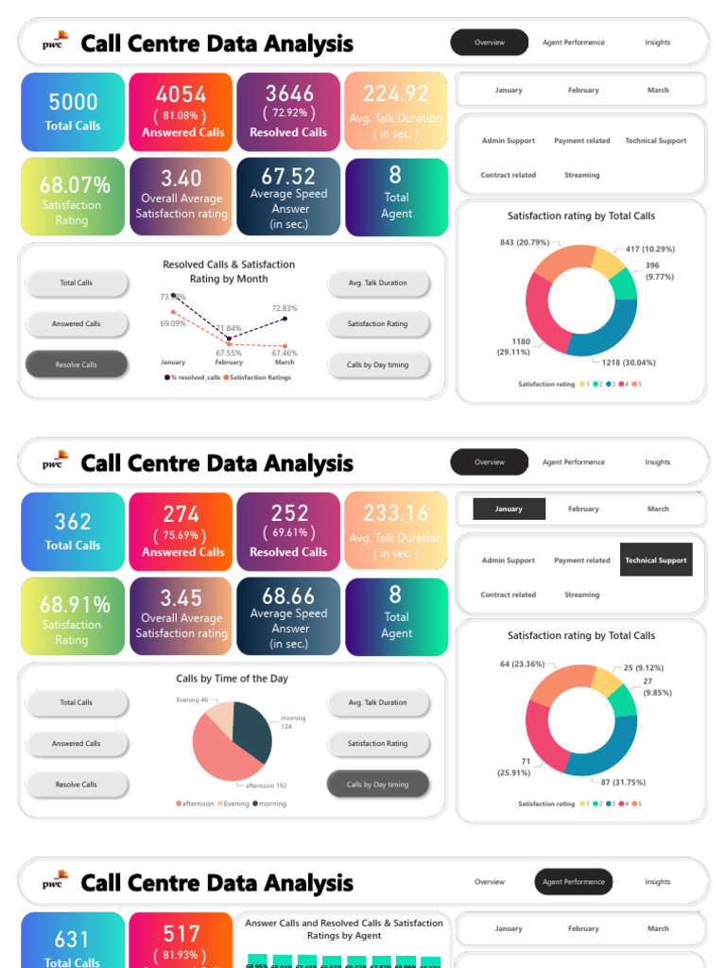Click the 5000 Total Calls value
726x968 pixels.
point(73,102)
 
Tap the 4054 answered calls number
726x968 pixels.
point(181,95)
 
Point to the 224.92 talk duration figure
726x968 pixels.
point(395,94)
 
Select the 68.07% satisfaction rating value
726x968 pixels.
point(75,185)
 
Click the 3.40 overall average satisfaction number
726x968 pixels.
point(181,179)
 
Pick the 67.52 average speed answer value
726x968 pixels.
point(288,177)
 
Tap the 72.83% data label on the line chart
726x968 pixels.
point(285,308)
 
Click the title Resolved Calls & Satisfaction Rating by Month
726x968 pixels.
point(229,271)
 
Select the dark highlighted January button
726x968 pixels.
point(510,509)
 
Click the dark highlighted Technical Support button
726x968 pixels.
point(656,560)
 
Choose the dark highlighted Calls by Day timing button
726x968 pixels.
point(377,785)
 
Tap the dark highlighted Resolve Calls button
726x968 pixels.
point(76,365)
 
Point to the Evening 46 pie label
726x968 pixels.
point(192,700)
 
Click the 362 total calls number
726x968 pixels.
point(73,522)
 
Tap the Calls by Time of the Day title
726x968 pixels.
point(232,679)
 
